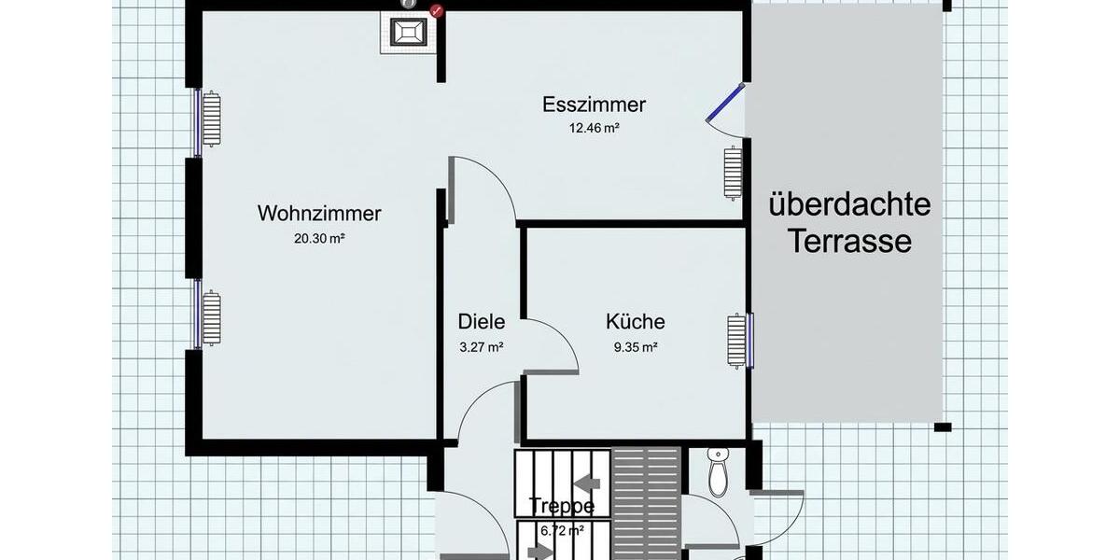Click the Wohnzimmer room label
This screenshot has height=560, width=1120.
[319, 214]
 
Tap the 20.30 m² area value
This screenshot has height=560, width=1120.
[319, 239]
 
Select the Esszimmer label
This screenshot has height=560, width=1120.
[595, 105]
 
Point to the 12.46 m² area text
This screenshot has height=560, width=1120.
[595, 129]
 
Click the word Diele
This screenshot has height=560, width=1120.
[482, 322]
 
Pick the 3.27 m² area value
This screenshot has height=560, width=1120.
[482, 347]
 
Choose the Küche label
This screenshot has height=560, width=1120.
[636, 322]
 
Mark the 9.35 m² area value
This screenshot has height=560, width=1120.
[636, 347]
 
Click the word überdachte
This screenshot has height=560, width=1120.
[849, 204]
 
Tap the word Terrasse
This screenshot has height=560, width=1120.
[849, 242]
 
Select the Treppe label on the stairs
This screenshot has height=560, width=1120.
[562, 507]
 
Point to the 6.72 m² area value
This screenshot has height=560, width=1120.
[562, 531]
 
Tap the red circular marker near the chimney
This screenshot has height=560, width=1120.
[436, 11]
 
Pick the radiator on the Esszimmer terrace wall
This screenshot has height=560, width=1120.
[733, 173]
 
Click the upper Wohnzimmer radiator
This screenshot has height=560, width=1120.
[213, 119]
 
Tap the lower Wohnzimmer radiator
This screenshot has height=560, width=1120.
[212, 320]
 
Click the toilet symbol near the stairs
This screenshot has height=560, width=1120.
[717, 472]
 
